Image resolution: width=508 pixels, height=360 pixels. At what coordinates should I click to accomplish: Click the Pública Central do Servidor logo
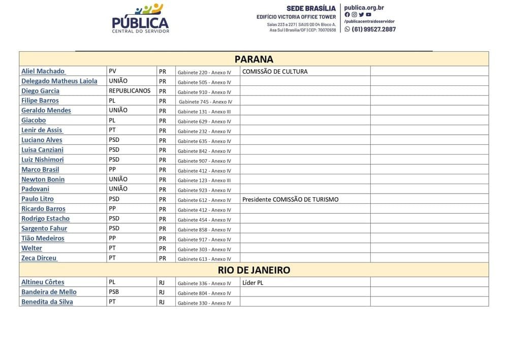[140, 18]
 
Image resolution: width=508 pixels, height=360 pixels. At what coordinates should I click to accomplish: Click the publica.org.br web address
[364, 8]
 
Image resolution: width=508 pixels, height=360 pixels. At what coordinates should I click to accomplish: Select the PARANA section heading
[254, 59]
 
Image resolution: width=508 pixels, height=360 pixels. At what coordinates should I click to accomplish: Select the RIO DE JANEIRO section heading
[254, 270]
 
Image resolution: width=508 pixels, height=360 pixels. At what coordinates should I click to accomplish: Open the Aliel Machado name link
[43, 71]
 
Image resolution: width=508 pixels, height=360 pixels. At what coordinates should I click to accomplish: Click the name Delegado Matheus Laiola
[59, 81]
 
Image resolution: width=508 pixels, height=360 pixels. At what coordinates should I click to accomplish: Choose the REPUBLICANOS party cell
[130, 91]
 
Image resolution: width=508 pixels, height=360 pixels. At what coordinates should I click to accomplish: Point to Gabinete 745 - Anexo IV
[205, 102]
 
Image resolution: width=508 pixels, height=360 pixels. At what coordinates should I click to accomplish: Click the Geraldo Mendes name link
[46, 110]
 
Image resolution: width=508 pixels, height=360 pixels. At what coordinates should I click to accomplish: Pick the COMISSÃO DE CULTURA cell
[275, 72]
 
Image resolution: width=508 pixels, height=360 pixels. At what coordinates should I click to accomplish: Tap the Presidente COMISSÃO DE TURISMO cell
[290, 199]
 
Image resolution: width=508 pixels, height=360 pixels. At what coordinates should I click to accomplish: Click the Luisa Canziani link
[42, 149]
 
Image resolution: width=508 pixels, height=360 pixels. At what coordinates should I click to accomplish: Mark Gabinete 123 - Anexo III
[204, 181]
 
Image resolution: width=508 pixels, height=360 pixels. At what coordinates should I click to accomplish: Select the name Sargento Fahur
[44, 228]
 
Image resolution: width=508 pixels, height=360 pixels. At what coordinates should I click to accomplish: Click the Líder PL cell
[253, 283]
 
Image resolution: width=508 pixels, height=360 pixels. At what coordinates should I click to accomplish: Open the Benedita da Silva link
[47, 302]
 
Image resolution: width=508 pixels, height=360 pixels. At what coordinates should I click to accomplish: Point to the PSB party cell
[114, 292]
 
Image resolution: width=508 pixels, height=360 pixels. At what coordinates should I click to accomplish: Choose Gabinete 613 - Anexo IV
[204, 259]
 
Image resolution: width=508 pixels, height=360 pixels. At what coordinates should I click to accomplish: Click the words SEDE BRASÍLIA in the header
[311, 8]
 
